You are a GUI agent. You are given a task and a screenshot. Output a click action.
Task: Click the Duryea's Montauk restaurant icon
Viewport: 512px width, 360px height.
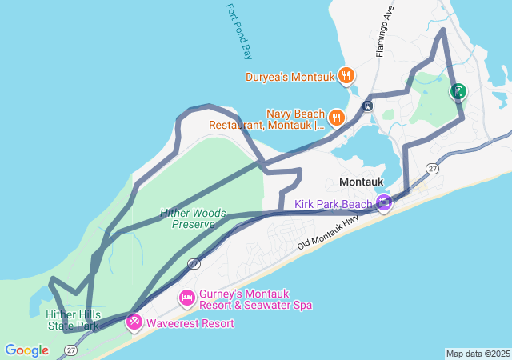coord(346,76)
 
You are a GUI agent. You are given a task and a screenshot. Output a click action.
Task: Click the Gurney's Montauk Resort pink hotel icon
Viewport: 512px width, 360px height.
coord(186,298)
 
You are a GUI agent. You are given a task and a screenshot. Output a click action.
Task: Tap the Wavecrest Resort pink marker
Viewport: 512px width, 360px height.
coord(134,322)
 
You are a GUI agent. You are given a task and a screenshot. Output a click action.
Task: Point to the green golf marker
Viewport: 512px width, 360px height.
coord(458,91)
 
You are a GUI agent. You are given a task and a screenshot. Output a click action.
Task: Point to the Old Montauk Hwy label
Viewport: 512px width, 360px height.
coord(328,234)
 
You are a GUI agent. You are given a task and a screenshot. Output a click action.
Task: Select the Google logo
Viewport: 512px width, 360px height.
coord(26,350)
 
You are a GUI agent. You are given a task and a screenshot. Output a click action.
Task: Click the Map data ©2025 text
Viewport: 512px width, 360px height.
coord(478,354)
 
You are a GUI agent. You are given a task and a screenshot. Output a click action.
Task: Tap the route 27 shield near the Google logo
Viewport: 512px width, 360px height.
coord(70,350)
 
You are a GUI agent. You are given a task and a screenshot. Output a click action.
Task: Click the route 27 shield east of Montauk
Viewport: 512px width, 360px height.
coord(433,169)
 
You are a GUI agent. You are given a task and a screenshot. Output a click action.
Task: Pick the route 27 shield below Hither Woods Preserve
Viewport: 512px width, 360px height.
coord(194,263)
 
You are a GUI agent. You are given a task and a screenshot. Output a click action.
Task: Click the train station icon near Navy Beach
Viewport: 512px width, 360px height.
coord(367,105)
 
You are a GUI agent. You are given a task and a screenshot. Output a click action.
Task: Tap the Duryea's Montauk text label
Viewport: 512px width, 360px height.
coord(291,77)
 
